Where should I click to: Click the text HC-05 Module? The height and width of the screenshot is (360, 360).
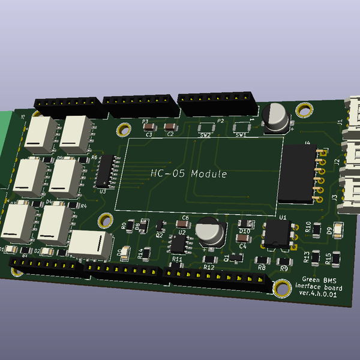(188, 174)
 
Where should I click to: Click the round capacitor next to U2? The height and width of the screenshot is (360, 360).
(210, 232)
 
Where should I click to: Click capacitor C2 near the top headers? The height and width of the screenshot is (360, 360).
(170, 126)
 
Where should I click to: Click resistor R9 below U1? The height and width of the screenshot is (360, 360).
(282, 261)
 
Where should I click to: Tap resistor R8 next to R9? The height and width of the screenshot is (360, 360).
(262, 260)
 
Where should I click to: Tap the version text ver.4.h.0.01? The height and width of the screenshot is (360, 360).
(317, 293)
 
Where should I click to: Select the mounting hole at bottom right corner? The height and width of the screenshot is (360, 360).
(280, 289)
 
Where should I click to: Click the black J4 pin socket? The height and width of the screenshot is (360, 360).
(298, 172)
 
